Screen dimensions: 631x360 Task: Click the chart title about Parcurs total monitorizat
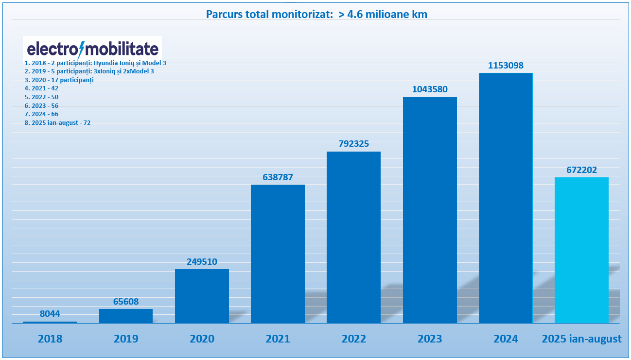click(x=316, y=15)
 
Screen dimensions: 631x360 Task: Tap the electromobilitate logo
click(x=92, y=49)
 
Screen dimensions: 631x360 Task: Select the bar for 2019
click(x=126, y=316)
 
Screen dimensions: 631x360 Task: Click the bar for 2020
click(x=202, y=296)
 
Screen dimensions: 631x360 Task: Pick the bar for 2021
click(x=278, y=254)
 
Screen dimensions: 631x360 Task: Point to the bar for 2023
click(x=430, y=210)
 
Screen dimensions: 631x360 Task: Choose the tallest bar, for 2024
click(x=506, y=198)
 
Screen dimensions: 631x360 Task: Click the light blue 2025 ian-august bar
click(x=582, y=250)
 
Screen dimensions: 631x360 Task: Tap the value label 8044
click(x=50, y=313)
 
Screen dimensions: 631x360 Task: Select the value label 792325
click(x=354, y=143)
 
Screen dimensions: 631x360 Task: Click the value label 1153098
click(x=506, y=65)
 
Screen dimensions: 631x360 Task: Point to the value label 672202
click(x=582, y=170)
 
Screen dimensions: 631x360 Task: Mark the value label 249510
click(x=202, y=261)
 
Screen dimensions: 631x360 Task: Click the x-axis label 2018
click(x=50, y=339)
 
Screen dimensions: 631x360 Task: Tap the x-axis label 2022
click(x=354, y=339)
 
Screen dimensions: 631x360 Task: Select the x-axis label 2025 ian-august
click(x=582, y=339)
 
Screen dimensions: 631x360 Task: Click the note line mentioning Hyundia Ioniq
click(x=95, y=63)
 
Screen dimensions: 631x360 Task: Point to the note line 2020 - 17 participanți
click(x=59, y=80)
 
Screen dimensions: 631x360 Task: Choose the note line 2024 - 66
click(x=41, y=114)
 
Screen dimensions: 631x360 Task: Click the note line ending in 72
click(x=57, y=123)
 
